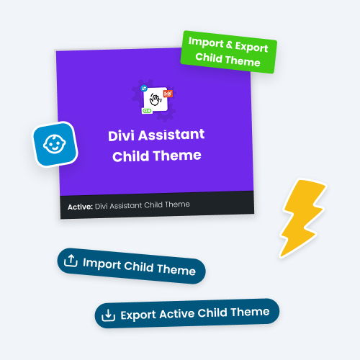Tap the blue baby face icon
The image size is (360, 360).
[54, 144]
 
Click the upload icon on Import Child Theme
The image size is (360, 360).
[71, 261]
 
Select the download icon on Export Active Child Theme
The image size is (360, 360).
[108, 315]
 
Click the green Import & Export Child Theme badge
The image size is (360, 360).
[228, 52]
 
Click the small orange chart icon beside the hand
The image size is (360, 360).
[169, 93]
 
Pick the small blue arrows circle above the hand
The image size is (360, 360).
[145, 85]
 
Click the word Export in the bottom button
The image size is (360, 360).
[139, 314]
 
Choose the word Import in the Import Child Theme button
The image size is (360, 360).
[102, 264]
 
